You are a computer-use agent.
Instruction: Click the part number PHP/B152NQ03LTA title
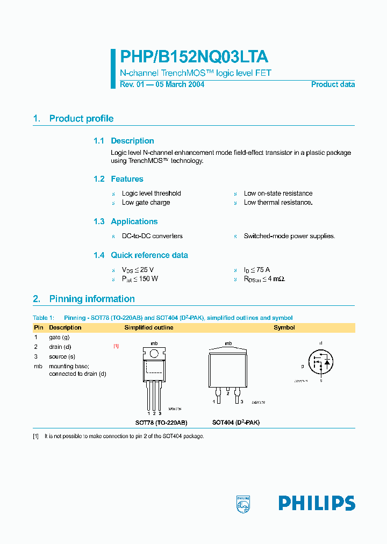click(193, 58)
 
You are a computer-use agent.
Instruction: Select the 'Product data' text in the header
click(333, 84)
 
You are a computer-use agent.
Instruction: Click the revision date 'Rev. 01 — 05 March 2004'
click(162, 84)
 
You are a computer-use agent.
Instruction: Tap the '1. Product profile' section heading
click(73, 119)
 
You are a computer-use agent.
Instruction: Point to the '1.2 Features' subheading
click(118, 179)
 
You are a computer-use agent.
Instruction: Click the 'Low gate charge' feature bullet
click(146, 203)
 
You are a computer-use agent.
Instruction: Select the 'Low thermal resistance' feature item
click(278, 203)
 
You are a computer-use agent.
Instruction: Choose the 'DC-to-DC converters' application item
click(152, 236)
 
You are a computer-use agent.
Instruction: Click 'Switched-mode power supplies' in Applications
click(289, 236)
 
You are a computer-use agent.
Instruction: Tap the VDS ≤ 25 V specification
click(138, 270)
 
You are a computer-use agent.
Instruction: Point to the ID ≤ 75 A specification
click(257, 270)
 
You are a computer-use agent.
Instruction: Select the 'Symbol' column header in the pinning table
click(284, 327)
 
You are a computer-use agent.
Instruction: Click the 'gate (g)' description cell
click(59, 337)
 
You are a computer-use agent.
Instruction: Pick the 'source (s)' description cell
click(62, 356)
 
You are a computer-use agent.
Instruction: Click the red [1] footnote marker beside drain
click(116, 346)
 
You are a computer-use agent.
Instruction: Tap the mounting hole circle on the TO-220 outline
click(154, 353)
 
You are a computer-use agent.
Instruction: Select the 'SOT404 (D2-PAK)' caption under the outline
click(235, 423)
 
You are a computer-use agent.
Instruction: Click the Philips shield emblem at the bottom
click(243, 503)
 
